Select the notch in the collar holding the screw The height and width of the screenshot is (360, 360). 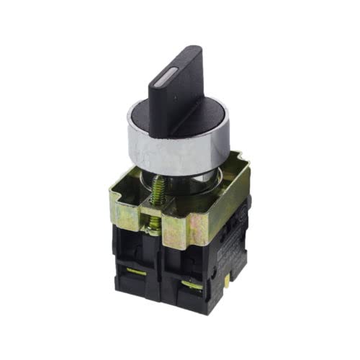[x=153, y=216]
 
